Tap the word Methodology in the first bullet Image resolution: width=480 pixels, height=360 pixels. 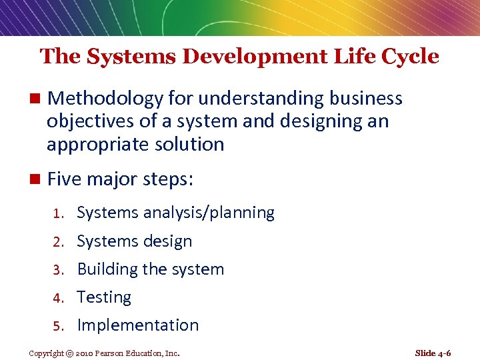click(x=105, y=99)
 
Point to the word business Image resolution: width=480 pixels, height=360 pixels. click(x=366, y=99)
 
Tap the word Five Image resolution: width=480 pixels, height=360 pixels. click(x=65, y=179)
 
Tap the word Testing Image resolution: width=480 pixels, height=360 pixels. click(x=104, y=297)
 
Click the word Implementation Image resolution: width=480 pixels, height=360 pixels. click(x=138, y=325)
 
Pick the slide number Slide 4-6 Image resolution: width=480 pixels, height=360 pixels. click(x=433, y=353)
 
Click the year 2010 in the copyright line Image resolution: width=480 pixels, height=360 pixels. click(x=87, y=353)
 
